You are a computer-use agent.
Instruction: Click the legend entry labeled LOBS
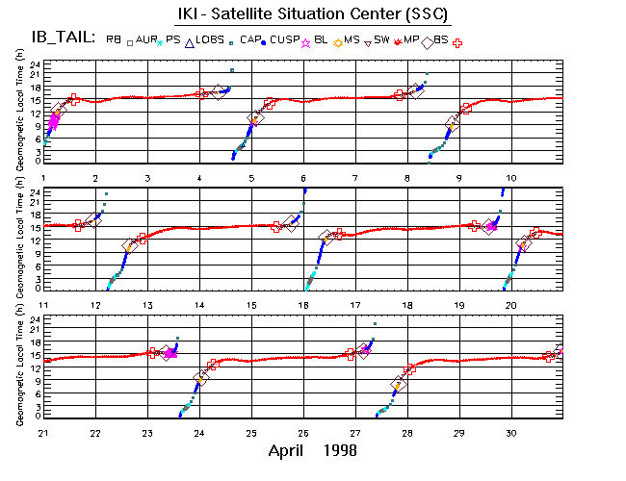coord(220,39)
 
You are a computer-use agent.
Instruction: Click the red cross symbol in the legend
coord(458,42)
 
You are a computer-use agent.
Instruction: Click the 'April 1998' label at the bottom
coord(313,450)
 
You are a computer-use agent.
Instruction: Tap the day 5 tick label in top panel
coord(251,178)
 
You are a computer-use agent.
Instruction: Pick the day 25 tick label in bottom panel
coord(251,432)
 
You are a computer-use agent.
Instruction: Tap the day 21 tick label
coord(44,432)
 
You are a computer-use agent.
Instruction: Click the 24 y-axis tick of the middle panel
coord(34,192)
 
